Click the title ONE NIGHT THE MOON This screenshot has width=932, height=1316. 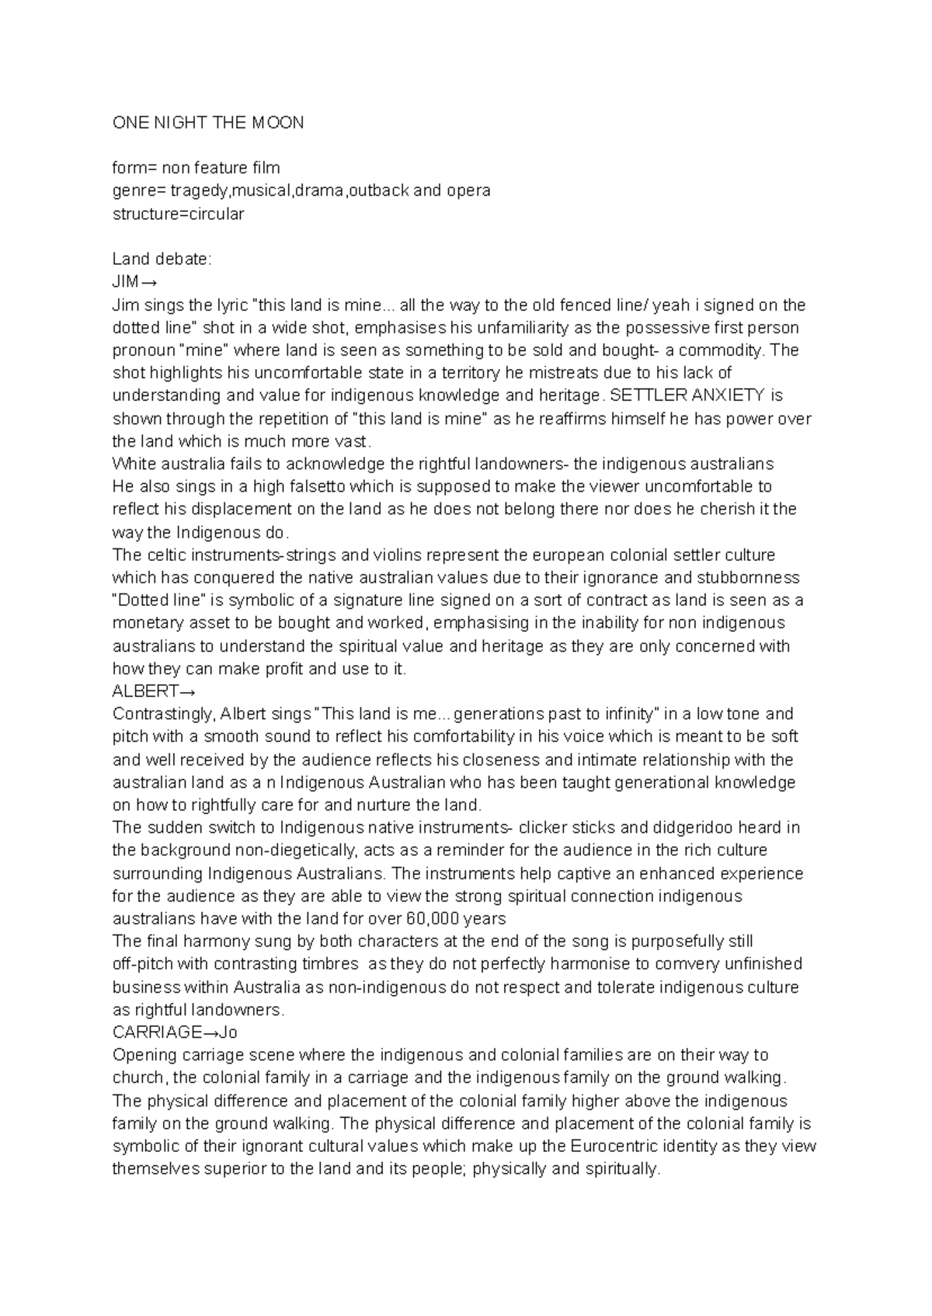tap(208, 123)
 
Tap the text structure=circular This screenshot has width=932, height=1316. tap(178, 214)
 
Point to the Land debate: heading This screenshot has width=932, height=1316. tap(162, 259)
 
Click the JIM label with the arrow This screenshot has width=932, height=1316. tap(135, 282)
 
